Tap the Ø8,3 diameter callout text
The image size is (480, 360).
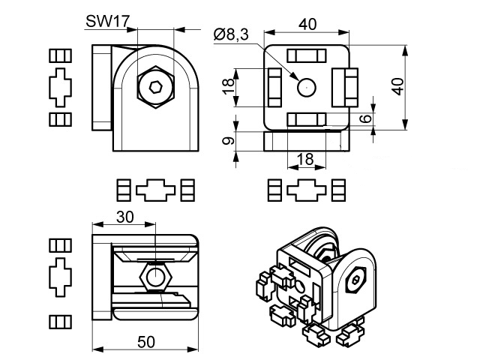coord(231,34)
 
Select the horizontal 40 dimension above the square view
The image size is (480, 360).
coord(307,24)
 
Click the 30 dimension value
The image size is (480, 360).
coord(125,217)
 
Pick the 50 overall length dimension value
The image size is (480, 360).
coord(147,341)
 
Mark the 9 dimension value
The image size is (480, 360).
coord(229,139)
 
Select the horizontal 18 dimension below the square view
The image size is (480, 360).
coord(305,159)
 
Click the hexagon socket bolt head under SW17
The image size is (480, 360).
coord(156,88)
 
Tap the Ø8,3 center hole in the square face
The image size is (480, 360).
coord(307,87)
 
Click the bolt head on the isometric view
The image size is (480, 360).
coord(355,281)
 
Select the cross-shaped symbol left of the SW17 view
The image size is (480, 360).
coord(58,87)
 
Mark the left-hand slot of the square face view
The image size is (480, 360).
coord(274,86)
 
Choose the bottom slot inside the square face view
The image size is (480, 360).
coord(307,118)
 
